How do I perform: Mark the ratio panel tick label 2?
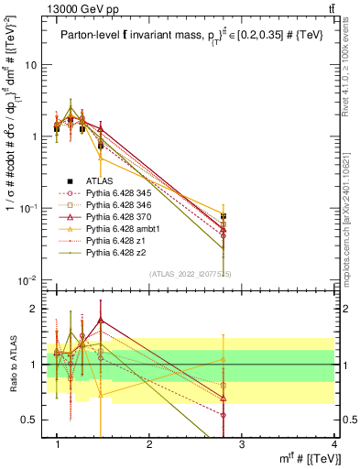pyautogui.click(x=35, y=309)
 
